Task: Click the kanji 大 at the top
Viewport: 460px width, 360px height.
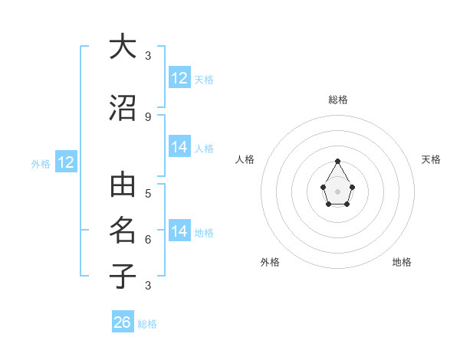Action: tap(123, 47)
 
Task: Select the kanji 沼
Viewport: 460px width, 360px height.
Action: tap(123, 108)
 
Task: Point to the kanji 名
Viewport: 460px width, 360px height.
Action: tap(123, 230)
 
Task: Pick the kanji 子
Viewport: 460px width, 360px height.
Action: tap(123, 275)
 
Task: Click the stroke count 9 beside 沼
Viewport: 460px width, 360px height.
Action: tap(148, 116)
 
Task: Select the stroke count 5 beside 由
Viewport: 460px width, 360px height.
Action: tap(148, 193)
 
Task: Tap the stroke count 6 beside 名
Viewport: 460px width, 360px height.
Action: tap(148, 239)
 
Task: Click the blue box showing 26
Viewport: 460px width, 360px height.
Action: tap(123, 322)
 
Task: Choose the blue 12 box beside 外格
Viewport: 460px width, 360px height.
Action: tap(66, 162)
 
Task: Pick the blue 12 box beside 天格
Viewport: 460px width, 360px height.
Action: tap(179, 78)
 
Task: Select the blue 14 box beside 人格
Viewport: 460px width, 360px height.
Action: tap(179, 147)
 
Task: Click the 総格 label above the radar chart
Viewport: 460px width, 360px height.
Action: tap(338, 100)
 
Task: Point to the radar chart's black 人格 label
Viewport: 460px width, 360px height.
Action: tap(245, 159)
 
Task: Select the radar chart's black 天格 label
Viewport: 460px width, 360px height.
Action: tap(431, 159)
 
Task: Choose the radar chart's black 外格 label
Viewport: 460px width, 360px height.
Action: tap(270, 262)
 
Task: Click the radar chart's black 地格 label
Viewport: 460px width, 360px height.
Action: tap(402, 262)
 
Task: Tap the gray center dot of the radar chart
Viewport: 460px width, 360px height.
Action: tap(338, 191)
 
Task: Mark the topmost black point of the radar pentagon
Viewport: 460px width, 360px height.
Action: tap(338, 161)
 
